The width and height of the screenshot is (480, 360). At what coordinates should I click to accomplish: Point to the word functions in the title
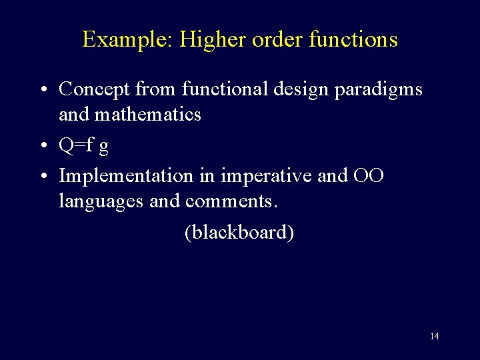tap(353, 39)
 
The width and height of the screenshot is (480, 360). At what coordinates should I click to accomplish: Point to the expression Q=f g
tap(84, 146)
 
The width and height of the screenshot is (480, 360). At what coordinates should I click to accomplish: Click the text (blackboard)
tap(239, 232)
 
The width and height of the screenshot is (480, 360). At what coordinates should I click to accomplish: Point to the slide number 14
tap(434, 336)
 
